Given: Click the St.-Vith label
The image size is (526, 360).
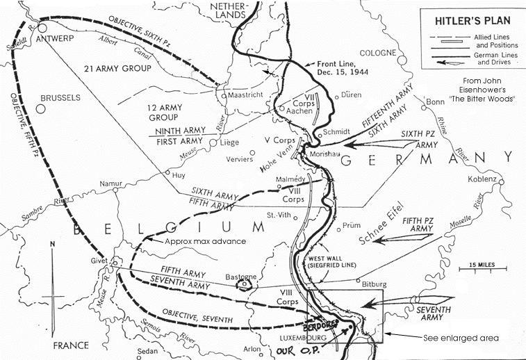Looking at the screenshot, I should [282, 213].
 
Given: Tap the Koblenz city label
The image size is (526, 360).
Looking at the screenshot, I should [482, 179].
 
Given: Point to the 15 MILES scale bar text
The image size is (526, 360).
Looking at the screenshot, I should [481, 265].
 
